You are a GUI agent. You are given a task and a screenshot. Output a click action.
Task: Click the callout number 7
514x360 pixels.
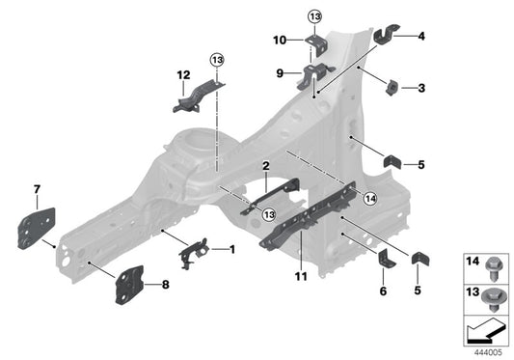pos(37,187)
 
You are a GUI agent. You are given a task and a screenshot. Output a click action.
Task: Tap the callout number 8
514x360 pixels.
pos(166,285)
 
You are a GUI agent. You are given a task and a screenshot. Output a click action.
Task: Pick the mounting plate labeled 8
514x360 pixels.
pos(129,286)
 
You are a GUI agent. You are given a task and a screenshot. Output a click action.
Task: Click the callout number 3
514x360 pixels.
pos(421,88)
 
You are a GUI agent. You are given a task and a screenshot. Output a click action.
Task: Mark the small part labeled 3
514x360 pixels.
pos(392,89)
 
